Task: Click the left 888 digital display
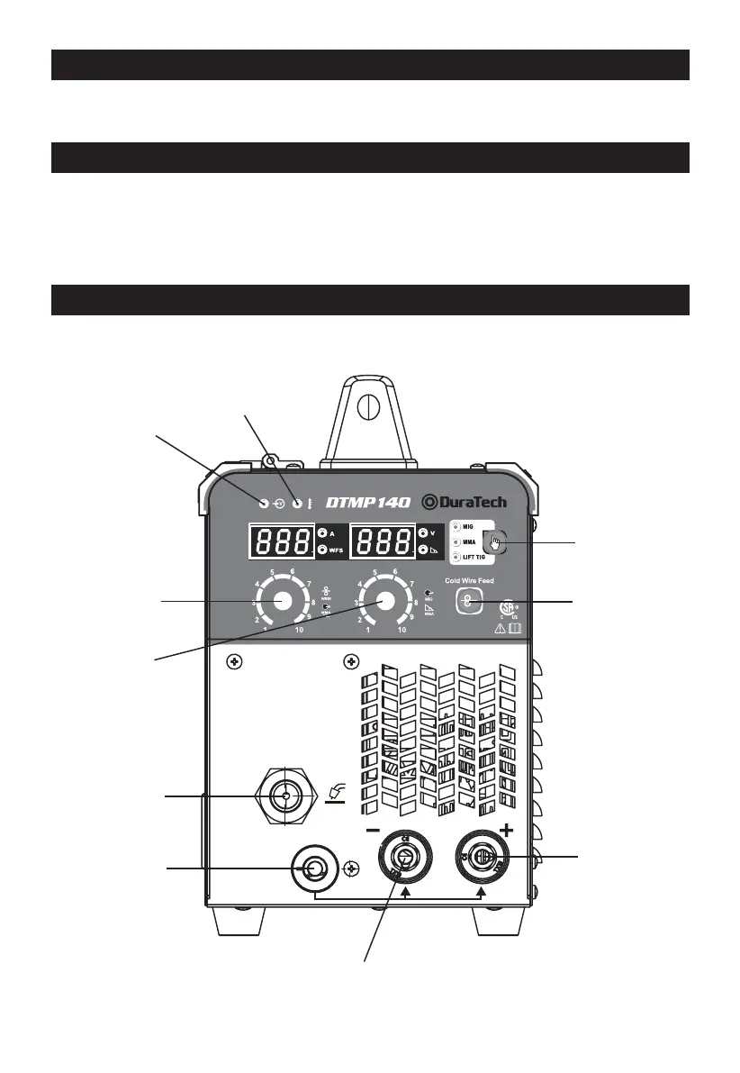coord(281,541)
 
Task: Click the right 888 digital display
coord(383,541)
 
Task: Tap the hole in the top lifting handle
coord(364,406)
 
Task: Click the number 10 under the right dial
coord(402,632)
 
